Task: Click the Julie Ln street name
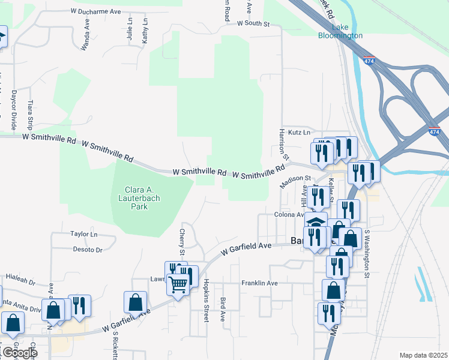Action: point(130,29)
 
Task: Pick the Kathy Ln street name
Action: point(145,30)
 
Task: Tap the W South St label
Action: point(253,24)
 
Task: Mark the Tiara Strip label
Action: point(30,115)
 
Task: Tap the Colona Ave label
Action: point(290,214)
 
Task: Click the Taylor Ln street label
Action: point(83,234)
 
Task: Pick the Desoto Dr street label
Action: point(87,250)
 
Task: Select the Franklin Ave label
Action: point(259,283)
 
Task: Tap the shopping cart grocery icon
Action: point(178,284)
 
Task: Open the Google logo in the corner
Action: point(19,352)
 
